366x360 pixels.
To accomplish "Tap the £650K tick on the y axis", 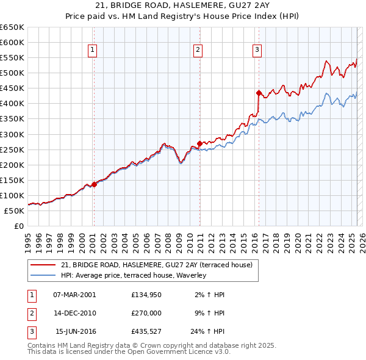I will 12,27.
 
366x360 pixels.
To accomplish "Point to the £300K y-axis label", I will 12,134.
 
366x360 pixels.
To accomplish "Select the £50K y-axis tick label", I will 15,211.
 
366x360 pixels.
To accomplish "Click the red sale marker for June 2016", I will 258,93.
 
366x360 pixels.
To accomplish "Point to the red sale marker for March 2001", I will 94,184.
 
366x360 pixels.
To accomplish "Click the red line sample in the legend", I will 43,265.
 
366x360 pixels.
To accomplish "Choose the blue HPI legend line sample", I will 43,275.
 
